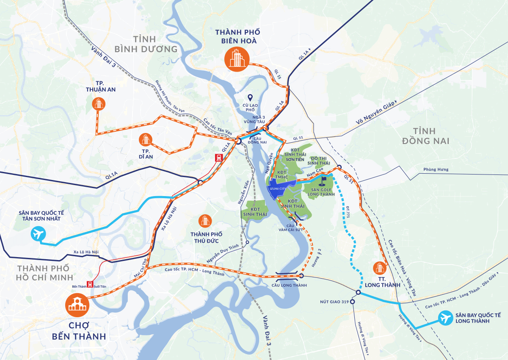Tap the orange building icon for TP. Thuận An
click(x=99, y=103)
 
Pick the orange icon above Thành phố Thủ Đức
click(x=205, y=220)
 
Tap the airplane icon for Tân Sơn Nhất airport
click(x=39, y=233)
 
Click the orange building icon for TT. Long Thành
click(x=379, y=268)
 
